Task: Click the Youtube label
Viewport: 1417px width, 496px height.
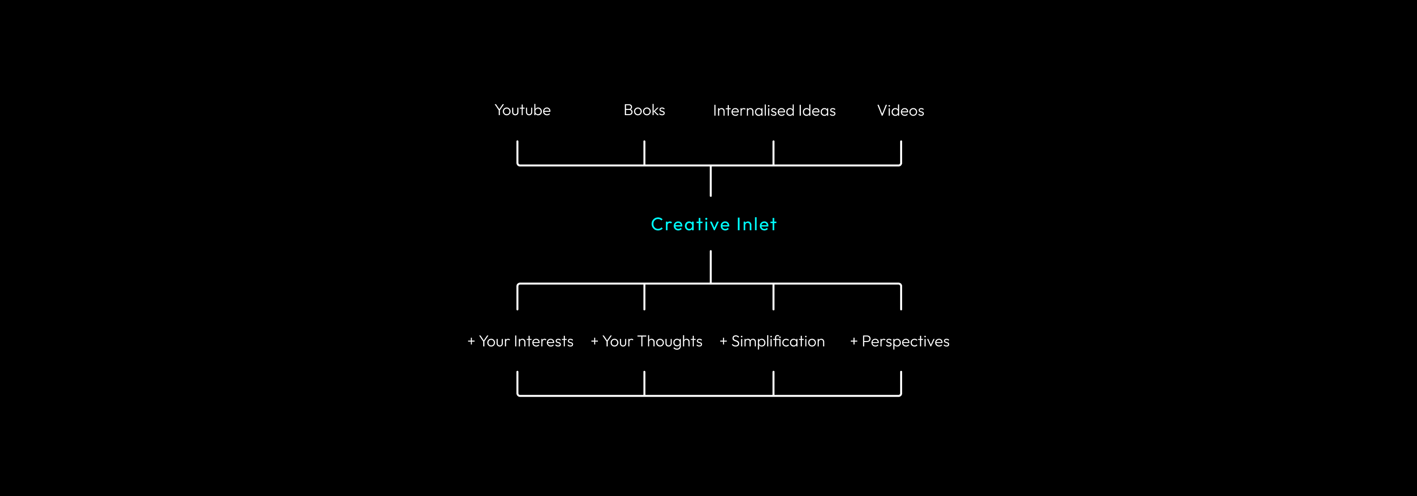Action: click(522, 110)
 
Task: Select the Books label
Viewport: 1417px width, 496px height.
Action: click(644, 110)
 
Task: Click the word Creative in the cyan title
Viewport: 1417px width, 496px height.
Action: click(690, 224)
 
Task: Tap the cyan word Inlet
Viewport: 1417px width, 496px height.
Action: click(756, 224)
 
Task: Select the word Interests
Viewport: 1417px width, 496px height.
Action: click(544, 342)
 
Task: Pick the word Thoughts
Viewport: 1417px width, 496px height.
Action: click(670, 342)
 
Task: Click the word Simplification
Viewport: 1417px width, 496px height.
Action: click(778, 342)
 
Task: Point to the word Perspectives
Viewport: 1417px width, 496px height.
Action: click(905, 342)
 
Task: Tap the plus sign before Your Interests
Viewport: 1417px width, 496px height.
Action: click(471, 342)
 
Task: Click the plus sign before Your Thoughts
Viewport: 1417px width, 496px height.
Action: click(594, 342)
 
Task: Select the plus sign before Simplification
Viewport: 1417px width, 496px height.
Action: click(723, 342)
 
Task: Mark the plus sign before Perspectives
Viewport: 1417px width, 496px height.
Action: click(854, 342)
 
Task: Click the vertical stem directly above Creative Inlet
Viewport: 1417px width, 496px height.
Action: click(711, 181)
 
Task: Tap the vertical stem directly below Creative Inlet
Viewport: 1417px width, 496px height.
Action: click(711, 266)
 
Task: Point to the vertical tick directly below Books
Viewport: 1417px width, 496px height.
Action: click(644, 153)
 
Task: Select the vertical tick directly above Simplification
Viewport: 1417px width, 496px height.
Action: click(774, 297)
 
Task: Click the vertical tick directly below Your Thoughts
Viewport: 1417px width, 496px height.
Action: click(644, 383)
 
